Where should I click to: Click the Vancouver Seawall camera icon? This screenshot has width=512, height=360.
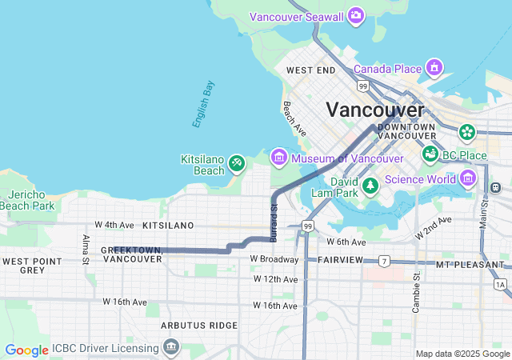coord(356,15)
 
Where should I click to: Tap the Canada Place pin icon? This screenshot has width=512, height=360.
coord(434,67)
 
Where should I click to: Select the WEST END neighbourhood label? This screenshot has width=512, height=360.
coord(310,70)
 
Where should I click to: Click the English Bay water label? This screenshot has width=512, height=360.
coord(203,104)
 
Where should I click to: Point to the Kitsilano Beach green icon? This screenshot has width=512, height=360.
coord(236,164)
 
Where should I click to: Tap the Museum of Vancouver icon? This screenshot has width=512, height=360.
coord(278,158)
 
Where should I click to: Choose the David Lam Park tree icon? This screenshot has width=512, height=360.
coord(370,186)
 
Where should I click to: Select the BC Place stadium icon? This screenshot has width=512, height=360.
coord(430,154)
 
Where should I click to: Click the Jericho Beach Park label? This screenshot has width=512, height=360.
coord(27,200)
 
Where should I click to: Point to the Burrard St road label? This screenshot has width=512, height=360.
coord(274,222)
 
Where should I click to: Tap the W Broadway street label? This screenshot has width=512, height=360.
coord(274,259)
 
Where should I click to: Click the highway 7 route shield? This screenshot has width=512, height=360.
coord(385,261)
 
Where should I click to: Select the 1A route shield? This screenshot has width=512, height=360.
coord(500,284)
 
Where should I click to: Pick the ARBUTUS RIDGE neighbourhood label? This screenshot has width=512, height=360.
coord(199,326)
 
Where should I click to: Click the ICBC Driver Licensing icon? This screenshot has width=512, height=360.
coord(170,347)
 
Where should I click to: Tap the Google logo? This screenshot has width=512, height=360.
coord(26,350)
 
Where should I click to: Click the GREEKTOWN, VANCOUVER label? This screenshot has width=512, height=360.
coord(132,254)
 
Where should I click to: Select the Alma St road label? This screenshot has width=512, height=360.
coord(86,248)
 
